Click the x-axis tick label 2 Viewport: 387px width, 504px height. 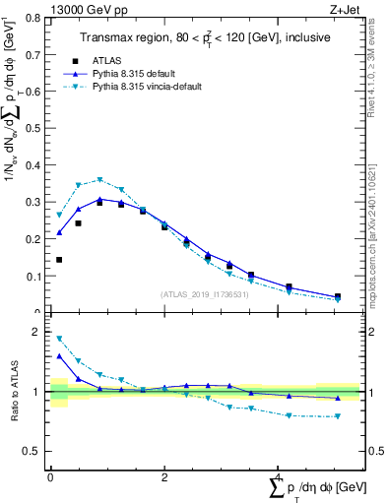pyautogui.click(x=163, y=476)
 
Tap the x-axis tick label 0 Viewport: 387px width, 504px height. pyautogui.click(x=50, y=476)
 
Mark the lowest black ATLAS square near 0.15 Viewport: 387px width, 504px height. pyautogui.click(x=59, y=260)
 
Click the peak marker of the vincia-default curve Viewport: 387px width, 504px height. pyautogui.click(x=99, y=180)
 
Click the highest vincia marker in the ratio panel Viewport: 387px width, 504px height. pyautogui.click(x=59, y=339)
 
